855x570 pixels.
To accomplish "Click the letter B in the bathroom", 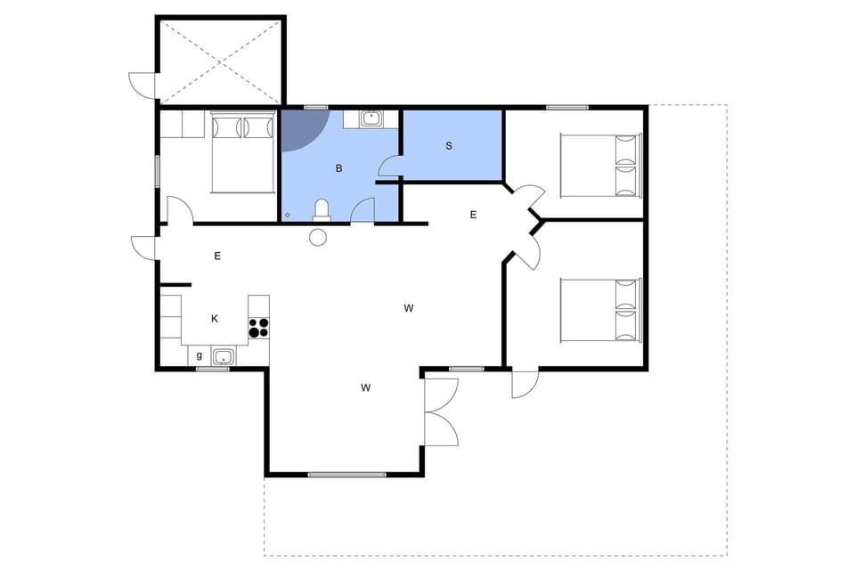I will [338, 167].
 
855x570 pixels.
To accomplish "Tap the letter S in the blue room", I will [449, 145].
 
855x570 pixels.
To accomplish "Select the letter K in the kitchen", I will [215, 319].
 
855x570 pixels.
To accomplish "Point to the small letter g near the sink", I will [199, 355].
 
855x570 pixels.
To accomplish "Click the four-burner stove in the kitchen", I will [258, 327].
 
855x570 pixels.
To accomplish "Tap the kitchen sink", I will [223, 357].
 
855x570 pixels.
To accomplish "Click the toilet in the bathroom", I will [322, 210].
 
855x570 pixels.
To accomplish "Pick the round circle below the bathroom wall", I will [318, 236].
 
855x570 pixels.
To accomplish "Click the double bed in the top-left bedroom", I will [241, 152].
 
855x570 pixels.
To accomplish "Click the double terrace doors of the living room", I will [441, 411].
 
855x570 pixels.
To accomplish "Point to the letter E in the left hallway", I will [217, 256].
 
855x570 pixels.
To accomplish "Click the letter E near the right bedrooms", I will [473, 215].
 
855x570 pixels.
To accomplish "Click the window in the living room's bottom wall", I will [346, 474].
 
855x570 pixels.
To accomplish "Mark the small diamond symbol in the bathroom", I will [288, 215].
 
